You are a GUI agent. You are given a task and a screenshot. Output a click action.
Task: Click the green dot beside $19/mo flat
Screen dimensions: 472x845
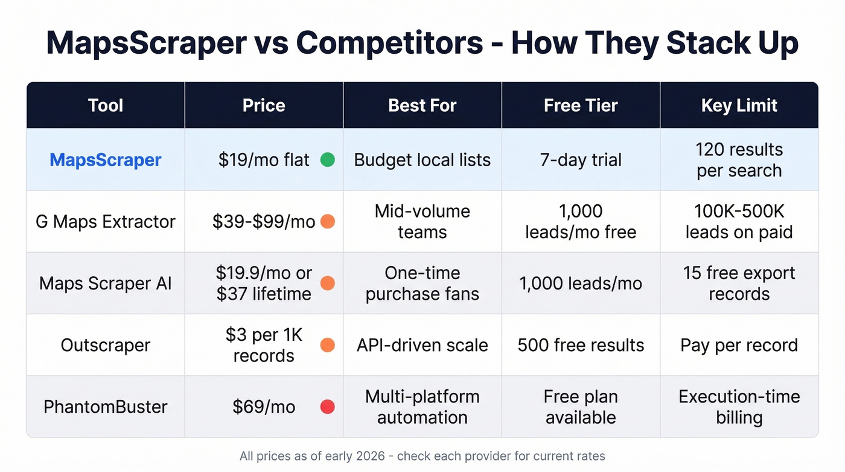click(327, 160)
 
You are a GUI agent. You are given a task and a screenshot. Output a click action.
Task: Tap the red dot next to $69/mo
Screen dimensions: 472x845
click(327, 407)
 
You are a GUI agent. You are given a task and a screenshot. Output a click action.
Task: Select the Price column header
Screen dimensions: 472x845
click(264, 106)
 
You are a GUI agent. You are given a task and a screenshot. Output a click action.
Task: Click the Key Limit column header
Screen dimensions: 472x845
click(739, 106)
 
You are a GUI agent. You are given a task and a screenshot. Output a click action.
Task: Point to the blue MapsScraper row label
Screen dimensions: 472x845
click(106, 160)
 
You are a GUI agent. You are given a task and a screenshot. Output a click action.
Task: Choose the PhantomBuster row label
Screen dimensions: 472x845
click(106, 407)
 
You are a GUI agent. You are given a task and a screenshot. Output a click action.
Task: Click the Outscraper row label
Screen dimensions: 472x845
click(106, 345)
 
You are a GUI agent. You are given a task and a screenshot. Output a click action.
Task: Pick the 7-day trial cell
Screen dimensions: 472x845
click(581, 160)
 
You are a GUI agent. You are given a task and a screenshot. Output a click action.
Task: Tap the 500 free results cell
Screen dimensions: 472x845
click(581, 345)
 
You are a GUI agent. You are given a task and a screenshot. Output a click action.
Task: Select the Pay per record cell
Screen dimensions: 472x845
click(739, 345)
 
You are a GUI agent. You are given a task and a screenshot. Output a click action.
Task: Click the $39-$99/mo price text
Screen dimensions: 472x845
click(264, 222)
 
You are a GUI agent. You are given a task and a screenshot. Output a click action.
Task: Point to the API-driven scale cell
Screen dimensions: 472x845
click(422, 345)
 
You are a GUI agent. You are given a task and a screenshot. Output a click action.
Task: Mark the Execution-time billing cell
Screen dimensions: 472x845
click(739, 407)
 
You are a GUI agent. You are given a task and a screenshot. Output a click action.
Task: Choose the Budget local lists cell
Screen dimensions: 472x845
click(422, 160)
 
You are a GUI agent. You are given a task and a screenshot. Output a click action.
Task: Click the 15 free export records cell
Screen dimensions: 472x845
click(739, 283)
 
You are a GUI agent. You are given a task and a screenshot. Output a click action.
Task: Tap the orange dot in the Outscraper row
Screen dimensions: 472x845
click(327, 345)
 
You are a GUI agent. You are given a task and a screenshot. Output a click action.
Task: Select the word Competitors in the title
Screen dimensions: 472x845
click(389, 42)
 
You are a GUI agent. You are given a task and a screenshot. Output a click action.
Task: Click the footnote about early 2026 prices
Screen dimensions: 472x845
click(422, 456)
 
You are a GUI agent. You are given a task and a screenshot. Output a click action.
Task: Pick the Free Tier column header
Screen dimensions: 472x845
click(581, 106)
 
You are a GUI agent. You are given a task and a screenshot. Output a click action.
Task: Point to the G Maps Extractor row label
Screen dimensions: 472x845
click(106, 222)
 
